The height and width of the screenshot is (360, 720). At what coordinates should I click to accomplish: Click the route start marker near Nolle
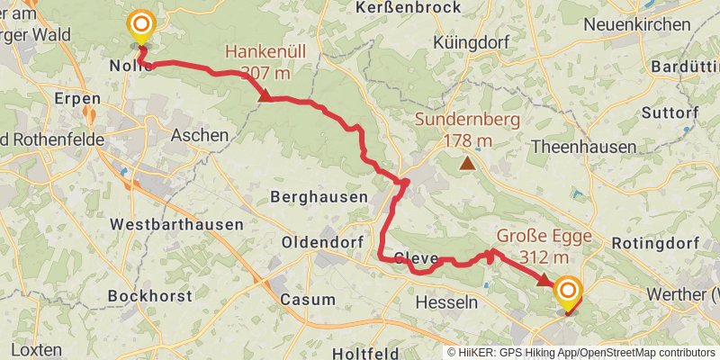click(x=141, y=26)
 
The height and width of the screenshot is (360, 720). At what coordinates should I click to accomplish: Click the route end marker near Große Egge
click(x=568, y=291)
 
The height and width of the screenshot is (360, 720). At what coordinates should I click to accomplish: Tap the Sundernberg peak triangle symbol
click(x=467, y=163)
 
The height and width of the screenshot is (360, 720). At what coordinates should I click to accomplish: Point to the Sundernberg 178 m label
click(x=467, y=130)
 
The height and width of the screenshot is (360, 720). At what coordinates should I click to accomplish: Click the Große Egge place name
click(x=543, y=238)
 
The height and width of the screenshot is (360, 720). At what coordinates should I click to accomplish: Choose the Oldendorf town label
click(x=321, y=243)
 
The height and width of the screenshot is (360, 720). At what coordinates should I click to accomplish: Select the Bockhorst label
click(x=145, y=295)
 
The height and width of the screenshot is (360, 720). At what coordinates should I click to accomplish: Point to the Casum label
click(x=308, y=301)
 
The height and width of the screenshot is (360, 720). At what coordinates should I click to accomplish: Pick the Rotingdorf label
click(x=655, y=243)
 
